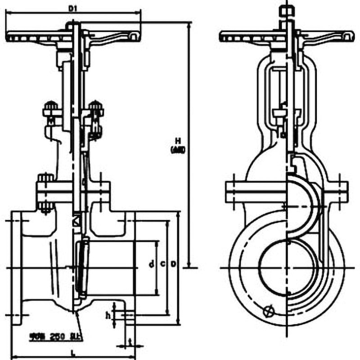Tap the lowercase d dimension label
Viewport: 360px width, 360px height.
coord(153,264)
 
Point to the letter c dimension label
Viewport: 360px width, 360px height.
coord(162,264)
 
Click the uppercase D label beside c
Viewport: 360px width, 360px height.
coord(173,264)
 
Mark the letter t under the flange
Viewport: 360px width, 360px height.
coord(130,342)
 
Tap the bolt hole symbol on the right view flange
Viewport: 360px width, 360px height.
coord(269,310)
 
